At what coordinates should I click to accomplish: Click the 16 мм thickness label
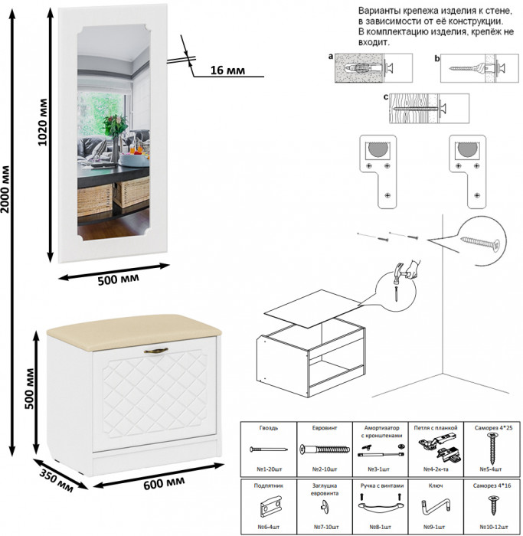pos(226,71)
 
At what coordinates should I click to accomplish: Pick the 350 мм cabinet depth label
pos(54,474)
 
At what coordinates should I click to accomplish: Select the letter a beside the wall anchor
pos(330,57)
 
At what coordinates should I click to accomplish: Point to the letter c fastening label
pos(386,97)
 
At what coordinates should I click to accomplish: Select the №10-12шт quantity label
pos(492,526)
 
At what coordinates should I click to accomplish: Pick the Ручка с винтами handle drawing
pos(381,505)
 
